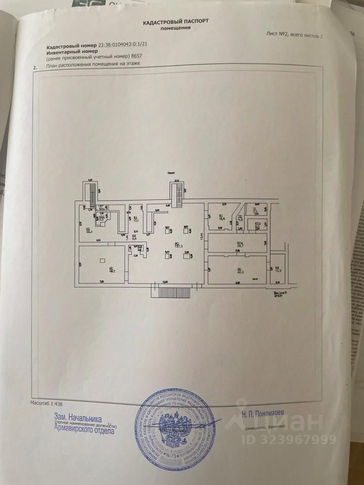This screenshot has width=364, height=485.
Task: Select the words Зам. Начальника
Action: [x=78, y=419]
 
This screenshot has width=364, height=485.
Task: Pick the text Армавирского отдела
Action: [x=84, y=430]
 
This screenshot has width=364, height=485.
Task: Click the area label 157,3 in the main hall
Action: [x=178, y=246]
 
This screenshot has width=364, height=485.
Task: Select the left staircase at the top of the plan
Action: [x=92, y=194]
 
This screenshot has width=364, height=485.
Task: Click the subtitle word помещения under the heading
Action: [x=175, y=28]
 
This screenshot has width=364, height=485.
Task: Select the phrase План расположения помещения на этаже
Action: [x=93, y=65]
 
